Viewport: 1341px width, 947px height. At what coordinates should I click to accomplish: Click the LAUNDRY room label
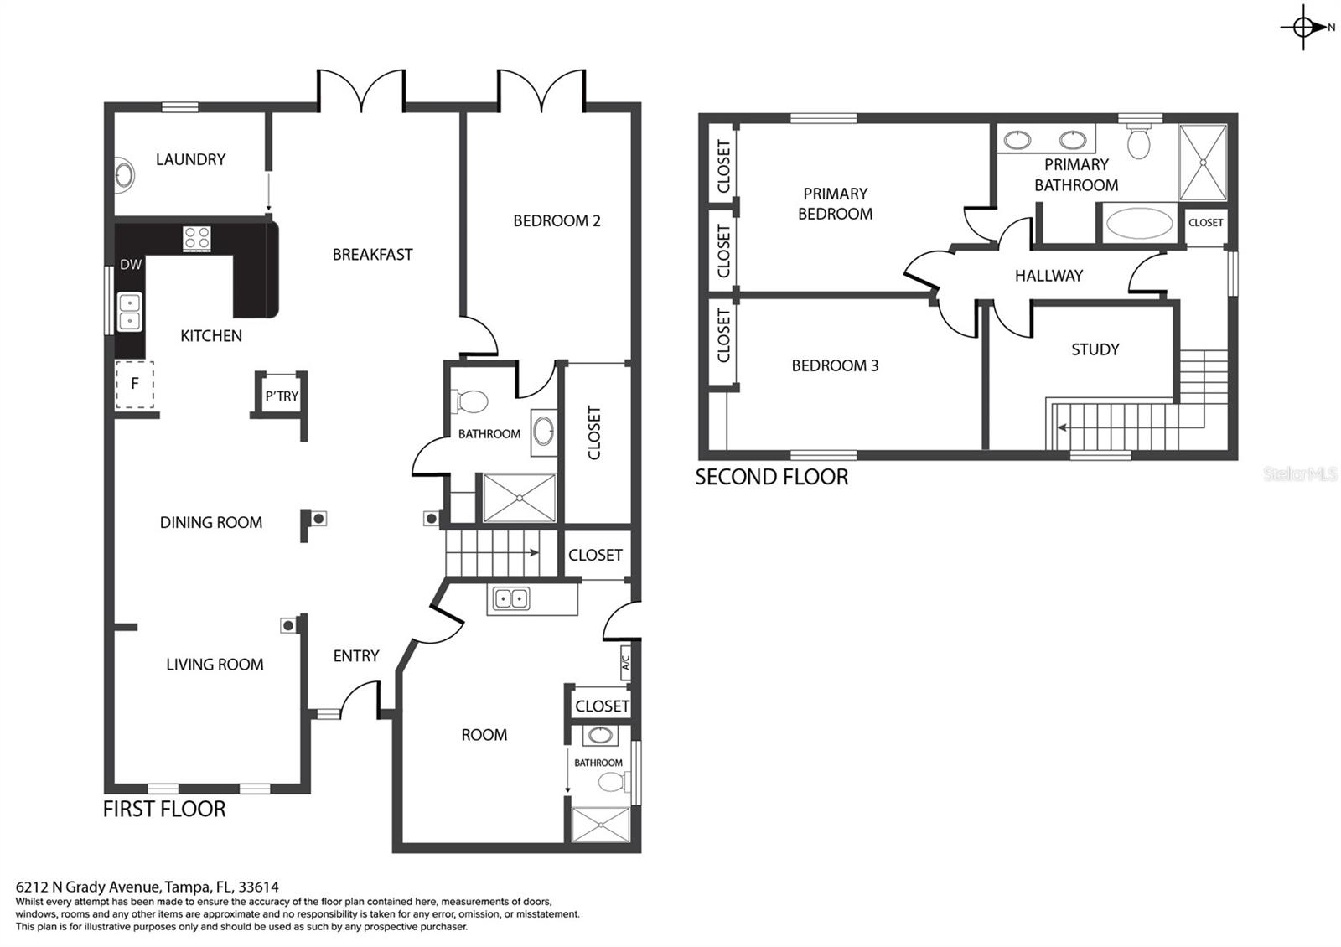[x=190, y=159]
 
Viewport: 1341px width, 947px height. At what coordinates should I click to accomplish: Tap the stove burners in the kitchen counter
[x=196, y=239]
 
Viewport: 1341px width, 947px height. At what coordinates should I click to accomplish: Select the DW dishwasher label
[x=131, y=265]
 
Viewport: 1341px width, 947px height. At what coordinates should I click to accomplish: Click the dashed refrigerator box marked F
[x=135, y=385]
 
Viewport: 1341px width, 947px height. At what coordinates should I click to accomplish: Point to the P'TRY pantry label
[x=282, y=396]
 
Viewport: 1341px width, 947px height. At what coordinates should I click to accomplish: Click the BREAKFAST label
[x=372, y=255]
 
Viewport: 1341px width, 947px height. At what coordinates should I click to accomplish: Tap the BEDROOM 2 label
[x=557, y=221]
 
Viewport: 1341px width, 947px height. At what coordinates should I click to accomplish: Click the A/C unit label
[x=625, y=663]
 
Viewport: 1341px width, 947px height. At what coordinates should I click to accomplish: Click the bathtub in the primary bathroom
[x=1139, y=223]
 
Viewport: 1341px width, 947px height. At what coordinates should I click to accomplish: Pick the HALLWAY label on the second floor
[x=1048, y=276]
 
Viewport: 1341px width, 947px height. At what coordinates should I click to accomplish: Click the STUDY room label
[x=1095, y=349]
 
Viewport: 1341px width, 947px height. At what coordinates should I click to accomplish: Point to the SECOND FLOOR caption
[x=772, y=477]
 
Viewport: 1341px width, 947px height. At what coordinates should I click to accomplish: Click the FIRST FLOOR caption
[x=164, y=810]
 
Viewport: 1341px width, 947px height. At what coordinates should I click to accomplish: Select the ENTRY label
[x=356, y=656]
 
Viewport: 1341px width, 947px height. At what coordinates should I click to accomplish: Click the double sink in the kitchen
[x=130, y=311]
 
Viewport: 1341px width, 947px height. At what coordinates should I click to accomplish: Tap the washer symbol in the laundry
[x=124, y=175]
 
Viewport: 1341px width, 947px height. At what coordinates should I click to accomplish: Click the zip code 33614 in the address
[x=258, y=887]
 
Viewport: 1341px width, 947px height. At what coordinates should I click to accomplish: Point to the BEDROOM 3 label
[x=835, y=365]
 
